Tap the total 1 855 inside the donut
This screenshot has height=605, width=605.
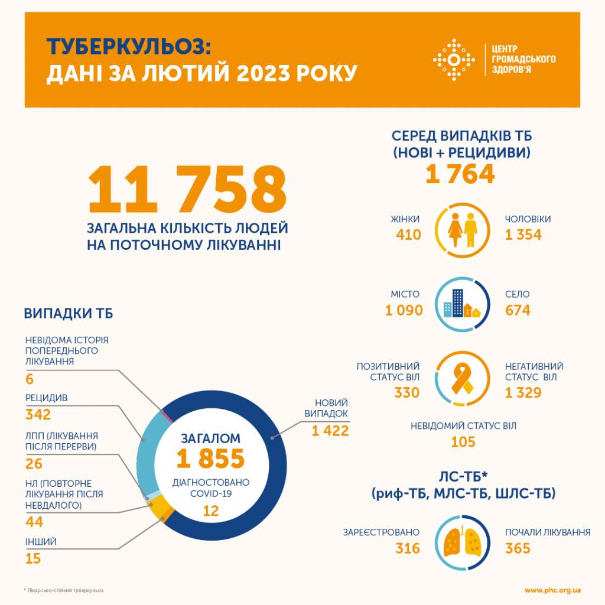coord(210,458)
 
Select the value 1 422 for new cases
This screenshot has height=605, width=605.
coord(330,431)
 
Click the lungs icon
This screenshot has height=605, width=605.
coord(463,542)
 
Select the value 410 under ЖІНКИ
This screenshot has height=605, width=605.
coord(408,235)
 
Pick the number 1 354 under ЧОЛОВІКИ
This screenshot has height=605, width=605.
coord(523,235)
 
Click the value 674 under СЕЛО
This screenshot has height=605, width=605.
coord(518,310)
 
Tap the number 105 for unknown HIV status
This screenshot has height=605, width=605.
coord(463,442)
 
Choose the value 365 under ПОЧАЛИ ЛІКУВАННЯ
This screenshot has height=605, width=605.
coord(518,548)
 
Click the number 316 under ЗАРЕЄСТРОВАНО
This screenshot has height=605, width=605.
coord(408,548)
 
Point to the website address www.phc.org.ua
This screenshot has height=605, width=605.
coord(552,590)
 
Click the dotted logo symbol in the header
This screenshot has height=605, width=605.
coord(454,60)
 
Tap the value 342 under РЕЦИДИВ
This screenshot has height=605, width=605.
coord(38,414)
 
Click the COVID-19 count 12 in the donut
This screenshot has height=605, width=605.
coord(210,510)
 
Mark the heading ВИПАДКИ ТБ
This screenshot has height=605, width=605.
coord(69,313)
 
